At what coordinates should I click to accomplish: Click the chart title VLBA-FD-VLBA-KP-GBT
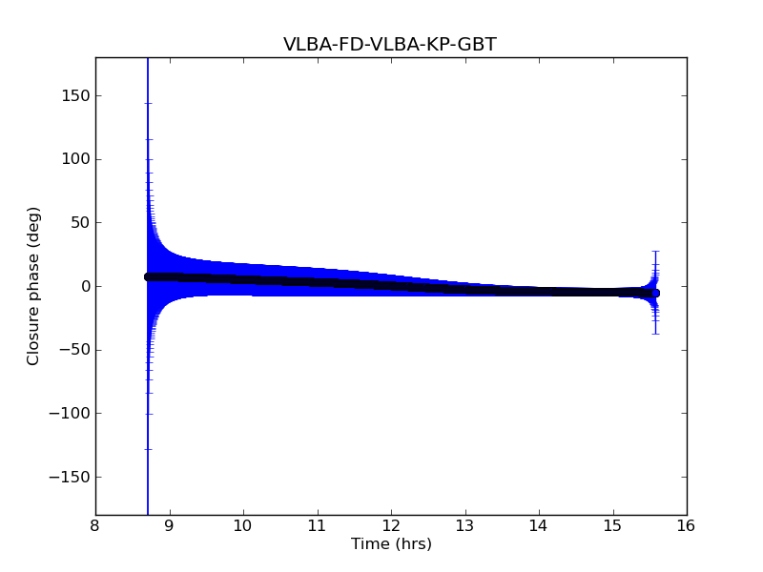click(x=390, y=45)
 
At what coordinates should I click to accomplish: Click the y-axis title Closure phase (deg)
click(x=34, y=286)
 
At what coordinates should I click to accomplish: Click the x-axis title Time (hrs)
click(x=391, y=544)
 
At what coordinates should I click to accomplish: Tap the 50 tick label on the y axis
click(x=81, y=223)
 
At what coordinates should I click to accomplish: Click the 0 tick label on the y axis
click(x=85, y=286)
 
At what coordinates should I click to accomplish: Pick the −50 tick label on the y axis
click(x=74, y=350)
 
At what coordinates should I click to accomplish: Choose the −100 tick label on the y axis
click(x=71, y=414)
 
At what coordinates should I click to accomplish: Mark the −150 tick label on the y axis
click(x=71, y=477)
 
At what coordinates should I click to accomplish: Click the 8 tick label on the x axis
click(x=95, y=525)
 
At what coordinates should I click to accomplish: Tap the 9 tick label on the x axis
click(x=170, y=525)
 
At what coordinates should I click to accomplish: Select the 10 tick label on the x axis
click(x=243, y=525)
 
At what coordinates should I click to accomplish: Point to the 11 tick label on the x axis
click(x=317, y=525)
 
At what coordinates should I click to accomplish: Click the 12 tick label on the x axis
click(x=391, y=525)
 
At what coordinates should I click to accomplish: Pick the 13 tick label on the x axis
click(x=464, y=525)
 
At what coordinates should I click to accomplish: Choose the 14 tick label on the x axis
click(x=539, y=525)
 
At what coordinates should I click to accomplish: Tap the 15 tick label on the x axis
click(x=612, y=525)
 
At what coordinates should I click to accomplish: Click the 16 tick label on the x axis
click(x=687, y=525)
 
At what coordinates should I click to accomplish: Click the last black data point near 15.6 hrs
click(x=655, y=294)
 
